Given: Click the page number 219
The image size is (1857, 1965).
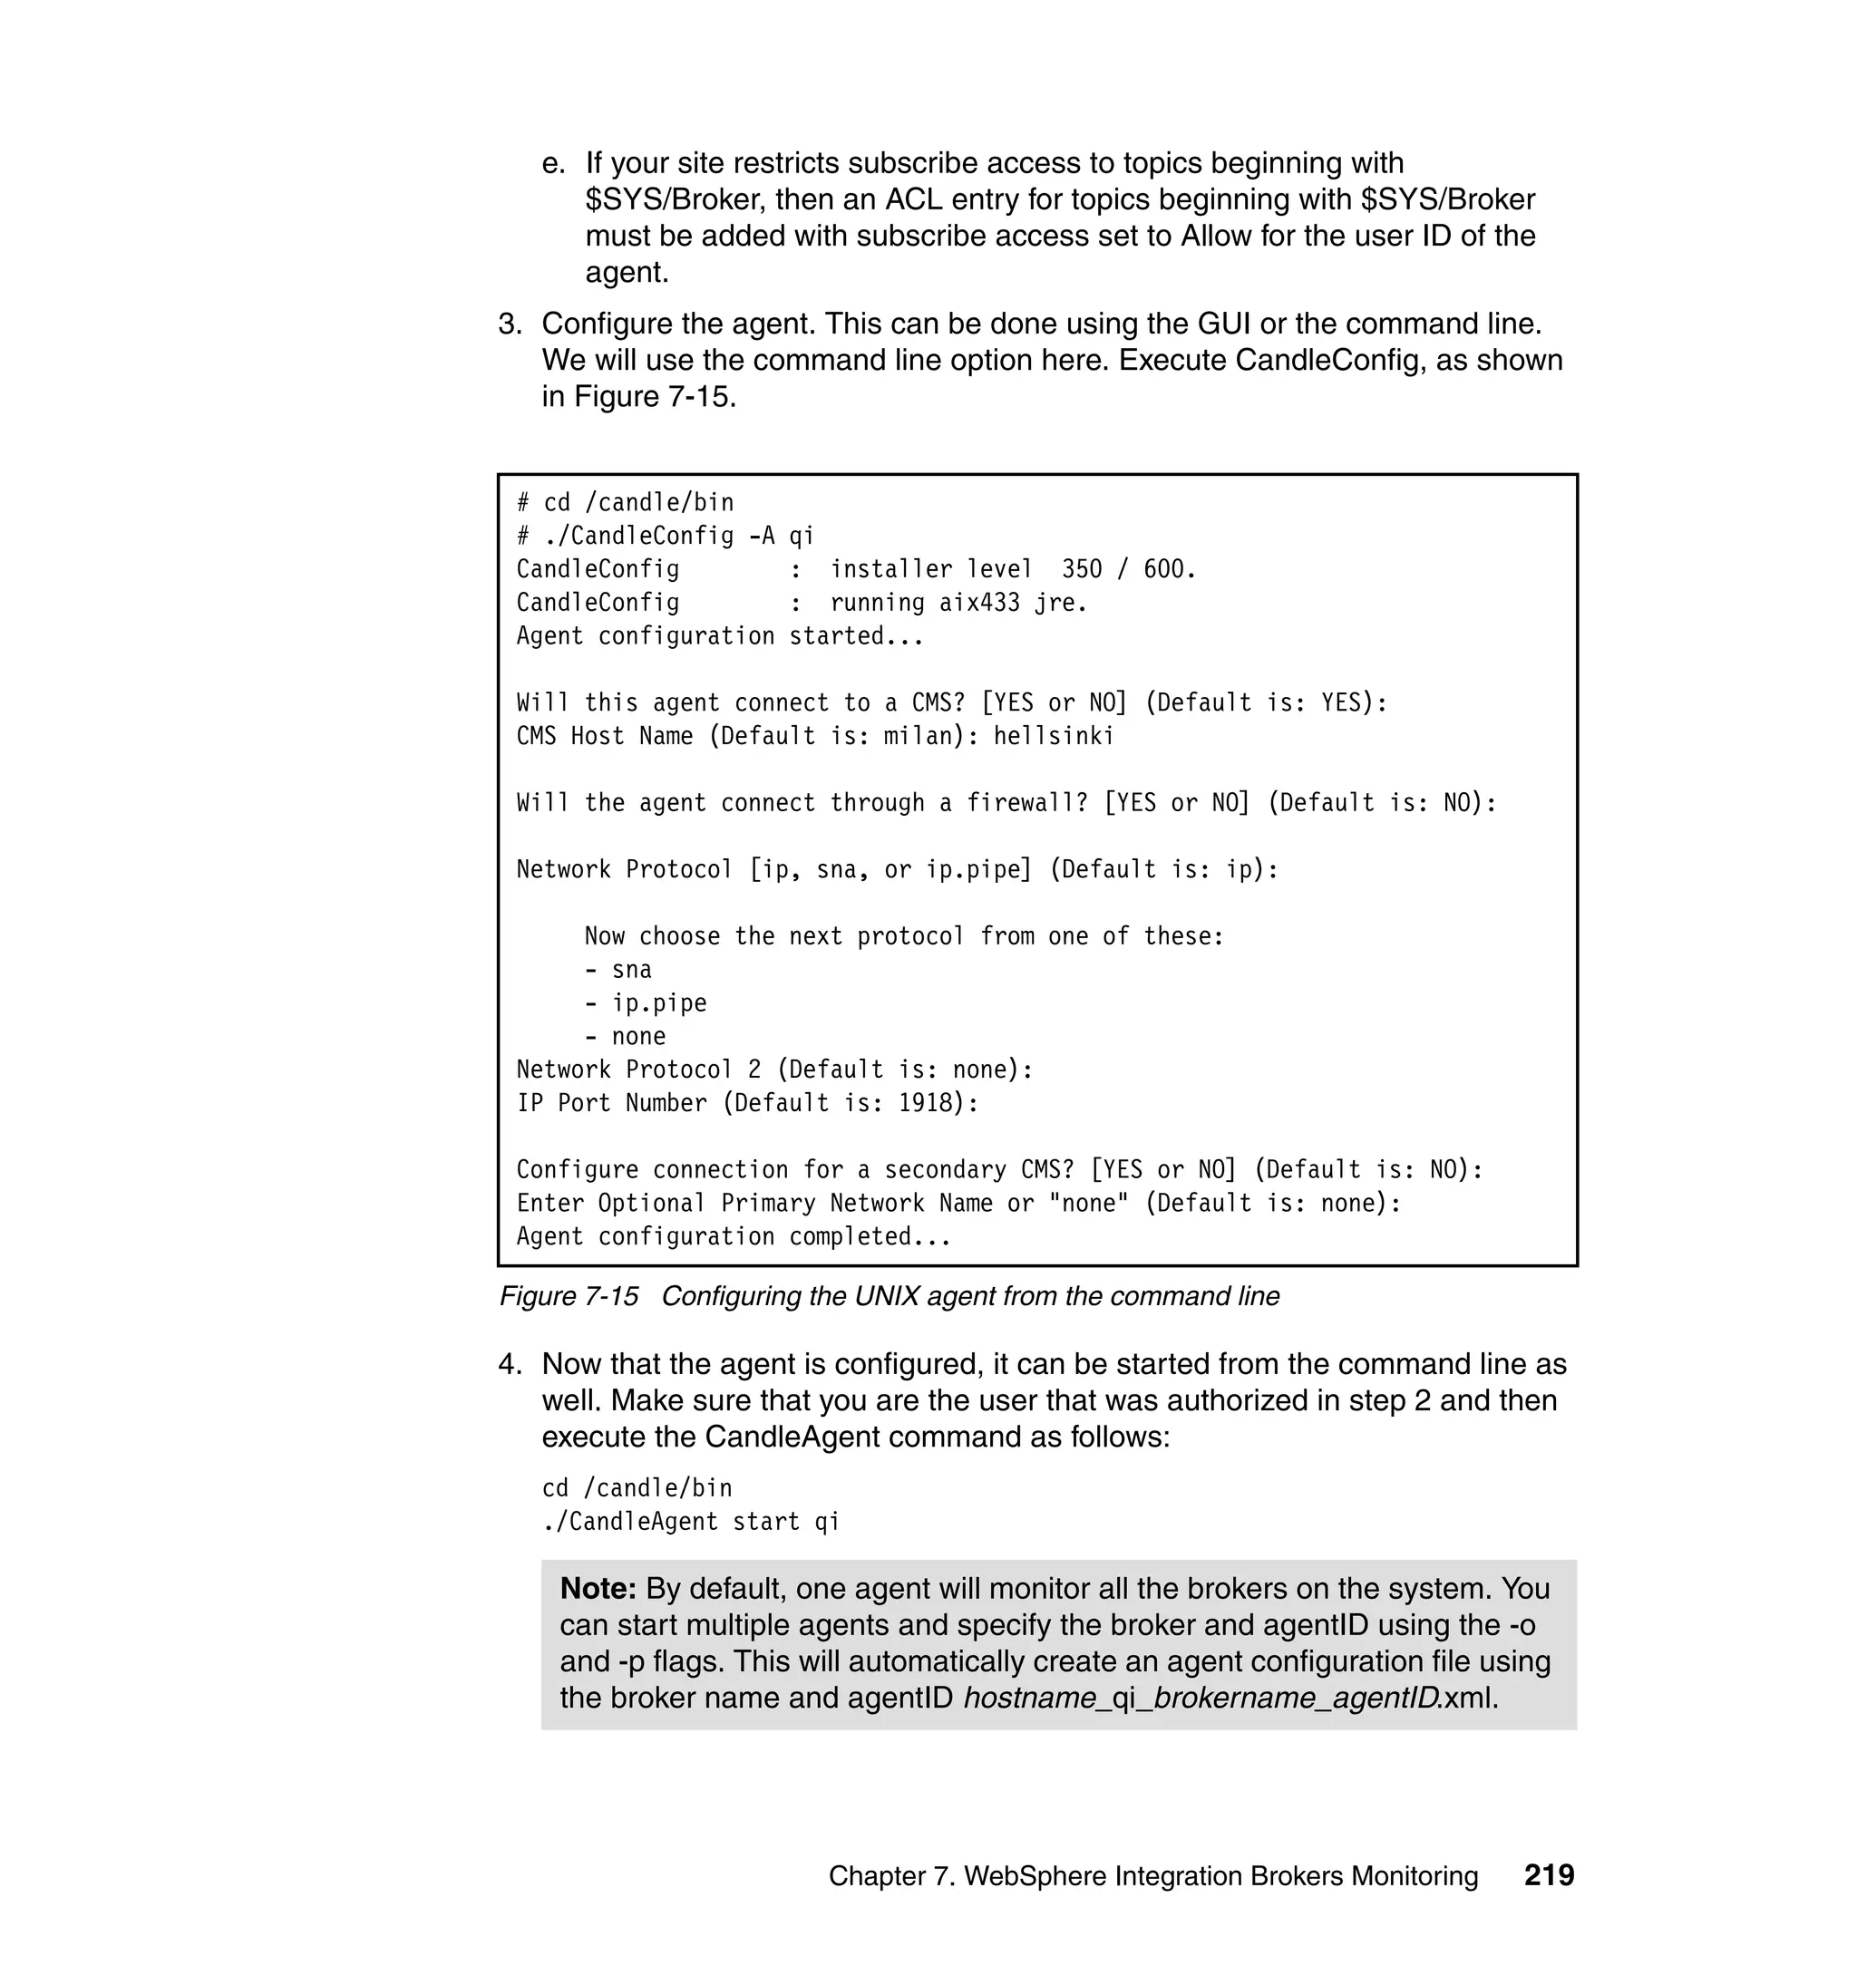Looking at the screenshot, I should point(1548,1875).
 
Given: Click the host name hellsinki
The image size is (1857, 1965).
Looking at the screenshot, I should point(1054,736).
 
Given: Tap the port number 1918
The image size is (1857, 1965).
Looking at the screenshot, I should point(925,1103).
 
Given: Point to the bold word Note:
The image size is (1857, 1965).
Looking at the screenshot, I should point(598,1589).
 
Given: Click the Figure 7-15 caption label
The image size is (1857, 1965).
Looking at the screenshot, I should point(569,1296).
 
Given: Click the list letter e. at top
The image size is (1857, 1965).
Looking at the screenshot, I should point(553,163).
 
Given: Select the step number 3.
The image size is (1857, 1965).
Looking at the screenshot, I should point(509,324).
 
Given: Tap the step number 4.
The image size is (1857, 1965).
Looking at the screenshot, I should point(509,1364).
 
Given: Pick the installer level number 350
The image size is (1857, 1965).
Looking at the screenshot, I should point(1081,569).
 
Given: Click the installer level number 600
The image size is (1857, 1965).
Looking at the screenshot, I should point(1168,569).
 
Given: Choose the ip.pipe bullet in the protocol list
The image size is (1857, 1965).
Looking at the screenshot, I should point(658,1003).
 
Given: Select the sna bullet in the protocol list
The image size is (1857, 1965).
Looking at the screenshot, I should point(631,970).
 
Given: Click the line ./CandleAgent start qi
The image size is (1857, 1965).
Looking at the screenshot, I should point(690,1522).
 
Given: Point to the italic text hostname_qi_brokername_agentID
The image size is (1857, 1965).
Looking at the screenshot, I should point(1201,1699).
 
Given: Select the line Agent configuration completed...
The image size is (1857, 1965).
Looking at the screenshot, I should point(733,1237).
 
